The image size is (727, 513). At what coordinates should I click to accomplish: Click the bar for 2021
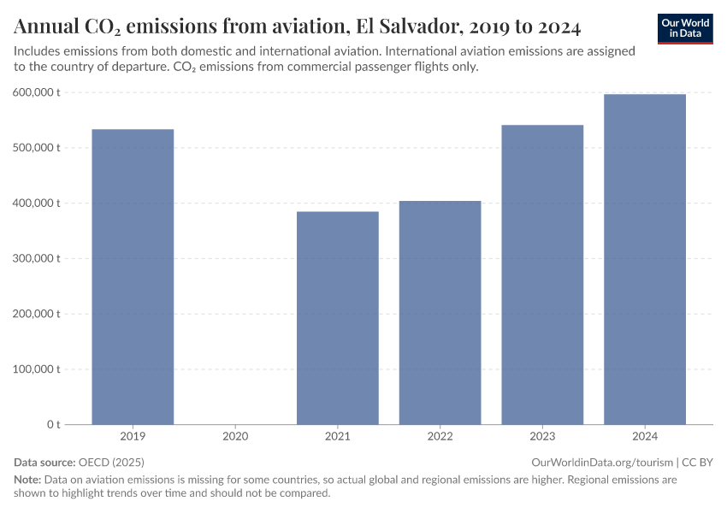pyautogui.click(x=338, y=317)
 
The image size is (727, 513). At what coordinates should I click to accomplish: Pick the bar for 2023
pyautogui.click(x=542, y=274)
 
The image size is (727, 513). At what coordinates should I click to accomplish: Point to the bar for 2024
pyautogui.click(x=645, y=259)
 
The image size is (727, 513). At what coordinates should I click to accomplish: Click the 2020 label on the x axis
pyautogui.click(x=235, y=437)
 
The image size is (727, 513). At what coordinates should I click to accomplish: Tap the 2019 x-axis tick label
pyautogui.click(x=133, y=437)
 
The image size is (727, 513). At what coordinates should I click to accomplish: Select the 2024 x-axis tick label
pyautogui.click(x=645, y=437)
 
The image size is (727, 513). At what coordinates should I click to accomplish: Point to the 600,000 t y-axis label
pyautogui.click(x=36, y=92)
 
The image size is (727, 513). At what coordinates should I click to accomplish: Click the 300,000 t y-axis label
pyautogui.click(x=36, y=258)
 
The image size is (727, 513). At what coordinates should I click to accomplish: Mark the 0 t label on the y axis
pyautogui.click(x=52, y=424)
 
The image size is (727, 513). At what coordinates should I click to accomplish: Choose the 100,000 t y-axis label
pyautogui.click(x=36, y=369)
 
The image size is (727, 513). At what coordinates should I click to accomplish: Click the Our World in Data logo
pyautogui.click(x=685, y=28)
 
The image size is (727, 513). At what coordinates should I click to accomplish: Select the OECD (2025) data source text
pyautogui.click(x=111, y=462)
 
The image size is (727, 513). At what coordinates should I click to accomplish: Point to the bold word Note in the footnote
pyautogui.click(x=27, y=480)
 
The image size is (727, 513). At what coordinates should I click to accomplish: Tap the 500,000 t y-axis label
pyautogui.click(x=36, y=148)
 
